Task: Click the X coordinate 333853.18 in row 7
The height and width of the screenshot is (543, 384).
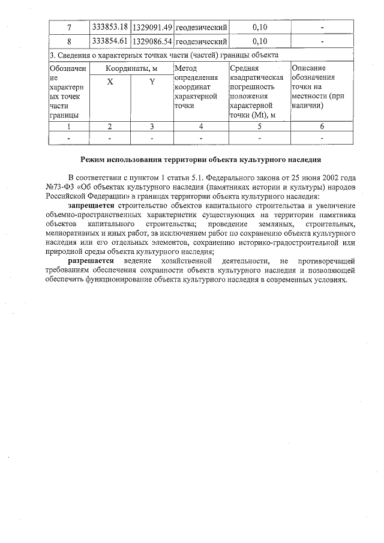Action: point(110,28)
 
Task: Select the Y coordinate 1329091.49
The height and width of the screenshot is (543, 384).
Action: point(152,28)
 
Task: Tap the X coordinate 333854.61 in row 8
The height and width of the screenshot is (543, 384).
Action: point(110,41)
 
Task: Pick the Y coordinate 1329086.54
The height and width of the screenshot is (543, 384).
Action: point(152,41)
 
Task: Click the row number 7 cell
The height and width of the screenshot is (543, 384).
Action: point(69,28)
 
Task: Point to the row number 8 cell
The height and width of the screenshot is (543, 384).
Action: point(69,41)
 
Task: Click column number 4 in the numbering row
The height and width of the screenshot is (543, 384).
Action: point(201,126)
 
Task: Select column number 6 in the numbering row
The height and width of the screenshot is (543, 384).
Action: point(322,126)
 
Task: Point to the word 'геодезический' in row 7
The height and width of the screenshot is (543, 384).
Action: point(201,28)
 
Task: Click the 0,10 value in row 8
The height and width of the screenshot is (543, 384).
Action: point(260,41)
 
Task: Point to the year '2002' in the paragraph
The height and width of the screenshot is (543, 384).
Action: point(332,178)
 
